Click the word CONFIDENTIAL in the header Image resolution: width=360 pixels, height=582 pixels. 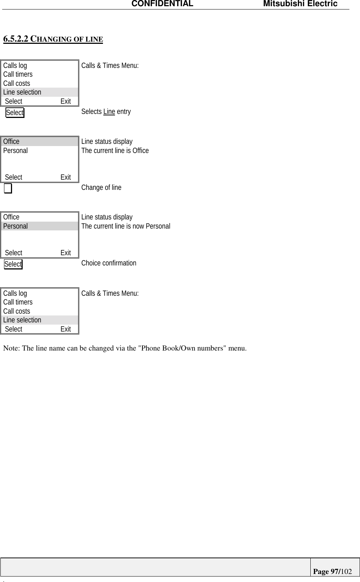point(162,4)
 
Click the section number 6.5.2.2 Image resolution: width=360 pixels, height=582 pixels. point(16,39)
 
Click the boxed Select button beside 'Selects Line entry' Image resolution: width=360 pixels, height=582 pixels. point(15,113)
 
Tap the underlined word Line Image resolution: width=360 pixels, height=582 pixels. point(109,112)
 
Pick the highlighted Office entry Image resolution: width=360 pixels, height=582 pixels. point(11,142)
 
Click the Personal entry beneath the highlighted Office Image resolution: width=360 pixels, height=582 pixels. point(15,150)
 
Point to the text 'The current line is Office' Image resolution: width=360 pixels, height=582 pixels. point(115,151)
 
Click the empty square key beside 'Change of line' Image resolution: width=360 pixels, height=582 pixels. point(8,188)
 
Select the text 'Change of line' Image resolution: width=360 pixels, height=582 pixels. point(101,188)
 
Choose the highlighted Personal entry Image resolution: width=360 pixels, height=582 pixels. point(15,226)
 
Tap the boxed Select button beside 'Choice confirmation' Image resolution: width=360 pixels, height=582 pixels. point(13,264)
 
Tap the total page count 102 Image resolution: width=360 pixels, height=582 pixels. point(346,571)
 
